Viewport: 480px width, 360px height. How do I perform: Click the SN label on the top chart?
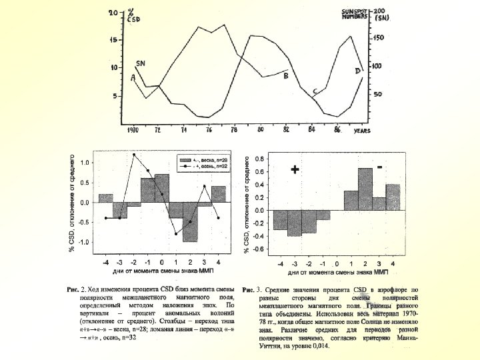pyautogui.click(x=141, y=63)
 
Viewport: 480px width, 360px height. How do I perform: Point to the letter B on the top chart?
pyautogui.click(x=286, y=77)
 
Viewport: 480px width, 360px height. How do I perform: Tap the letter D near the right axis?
pyautogui.click(x=358, y=71)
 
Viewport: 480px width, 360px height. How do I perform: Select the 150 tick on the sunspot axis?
pyautogui.click(x=377, y=39)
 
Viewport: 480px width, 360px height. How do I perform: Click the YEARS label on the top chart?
pyautogui.click(x=362, y=130)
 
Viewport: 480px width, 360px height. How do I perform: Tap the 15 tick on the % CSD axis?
pyautogui.click(x=113, y=41)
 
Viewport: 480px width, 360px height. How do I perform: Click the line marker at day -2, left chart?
pyautogui.click(x=134, y=155)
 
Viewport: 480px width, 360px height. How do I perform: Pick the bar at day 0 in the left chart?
pyautogui.click(x=162, y=188)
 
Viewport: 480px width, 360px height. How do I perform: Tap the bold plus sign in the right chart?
pyautogui.click(x=295, y=170)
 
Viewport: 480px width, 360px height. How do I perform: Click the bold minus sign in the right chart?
pyautogui.click(x=379, y=167)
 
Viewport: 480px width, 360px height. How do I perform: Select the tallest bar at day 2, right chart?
pyautogui.click(x=365, y=189)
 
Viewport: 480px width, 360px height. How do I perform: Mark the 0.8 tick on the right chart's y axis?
pyautogui.click(x=259, y=159)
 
